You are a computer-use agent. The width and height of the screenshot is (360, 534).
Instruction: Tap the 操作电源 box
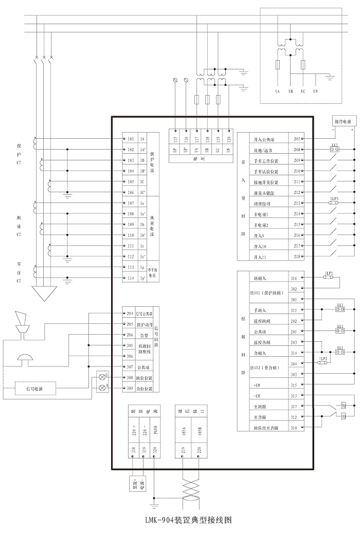pyautogui.click(x=346, y=122)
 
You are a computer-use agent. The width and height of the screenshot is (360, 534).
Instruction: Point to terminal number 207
pyautogui.click(x=297, y=139)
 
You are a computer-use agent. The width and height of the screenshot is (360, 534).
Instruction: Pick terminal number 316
pyautogui.click(x=294, y=278)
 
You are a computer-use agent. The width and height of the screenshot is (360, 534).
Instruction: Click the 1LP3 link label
pyautogui.click(x=334, y=198)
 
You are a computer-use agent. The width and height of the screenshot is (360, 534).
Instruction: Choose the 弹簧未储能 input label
pyautogui.click(x=264, y=193)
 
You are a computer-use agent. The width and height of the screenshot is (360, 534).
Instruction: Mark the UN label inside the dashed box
pyautogui.click(x=315, y=91)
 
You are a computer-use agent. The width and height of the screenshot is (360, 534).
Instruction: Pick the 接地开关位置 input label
pyautogui.click(x=266, y=182)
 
